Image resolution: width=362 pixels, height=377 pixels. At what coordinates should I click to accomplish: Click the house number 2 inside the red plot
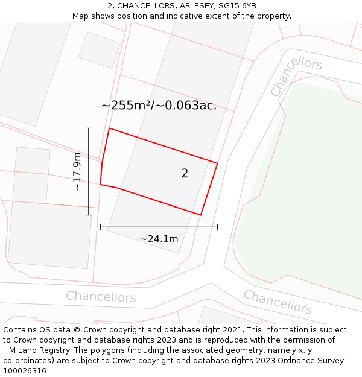(x=185, y=174)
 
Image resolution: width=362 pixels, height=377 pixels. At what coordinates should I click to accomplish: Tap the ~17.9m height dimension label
(x=77, y=171)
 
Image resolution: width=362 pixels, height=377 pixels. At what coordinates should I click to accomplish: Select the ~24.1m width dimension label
(x=159, y=239)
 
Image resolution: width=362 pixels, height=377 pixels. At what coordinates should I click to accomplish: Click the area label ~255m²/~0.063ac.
(x=159, y=106)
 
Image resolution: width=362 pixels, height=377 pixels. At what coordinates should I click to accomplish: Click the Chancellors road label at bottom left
(x=101, y=297)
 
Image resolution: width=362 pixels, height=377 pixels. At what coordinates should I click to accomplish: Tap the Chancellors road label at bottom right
(x=277, y=302)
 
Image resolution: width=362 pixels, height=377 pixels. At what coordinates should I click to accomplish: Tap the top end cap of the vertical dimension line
(x=89, y=128)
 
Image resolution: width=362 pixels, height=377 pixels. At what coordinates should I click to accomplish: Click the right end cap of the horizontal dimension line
(x=217, y=227)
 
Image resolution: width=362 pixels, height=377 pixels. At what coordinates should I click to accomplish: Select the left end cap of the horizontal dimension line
(x=100, y=227)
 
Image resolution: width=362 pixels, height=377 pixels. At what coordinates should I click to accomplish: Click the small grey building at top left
(x=100, y=49)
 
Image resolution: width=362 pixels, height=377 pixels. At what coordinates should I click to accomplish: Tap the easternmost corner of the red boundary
(x=217, y=163)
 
